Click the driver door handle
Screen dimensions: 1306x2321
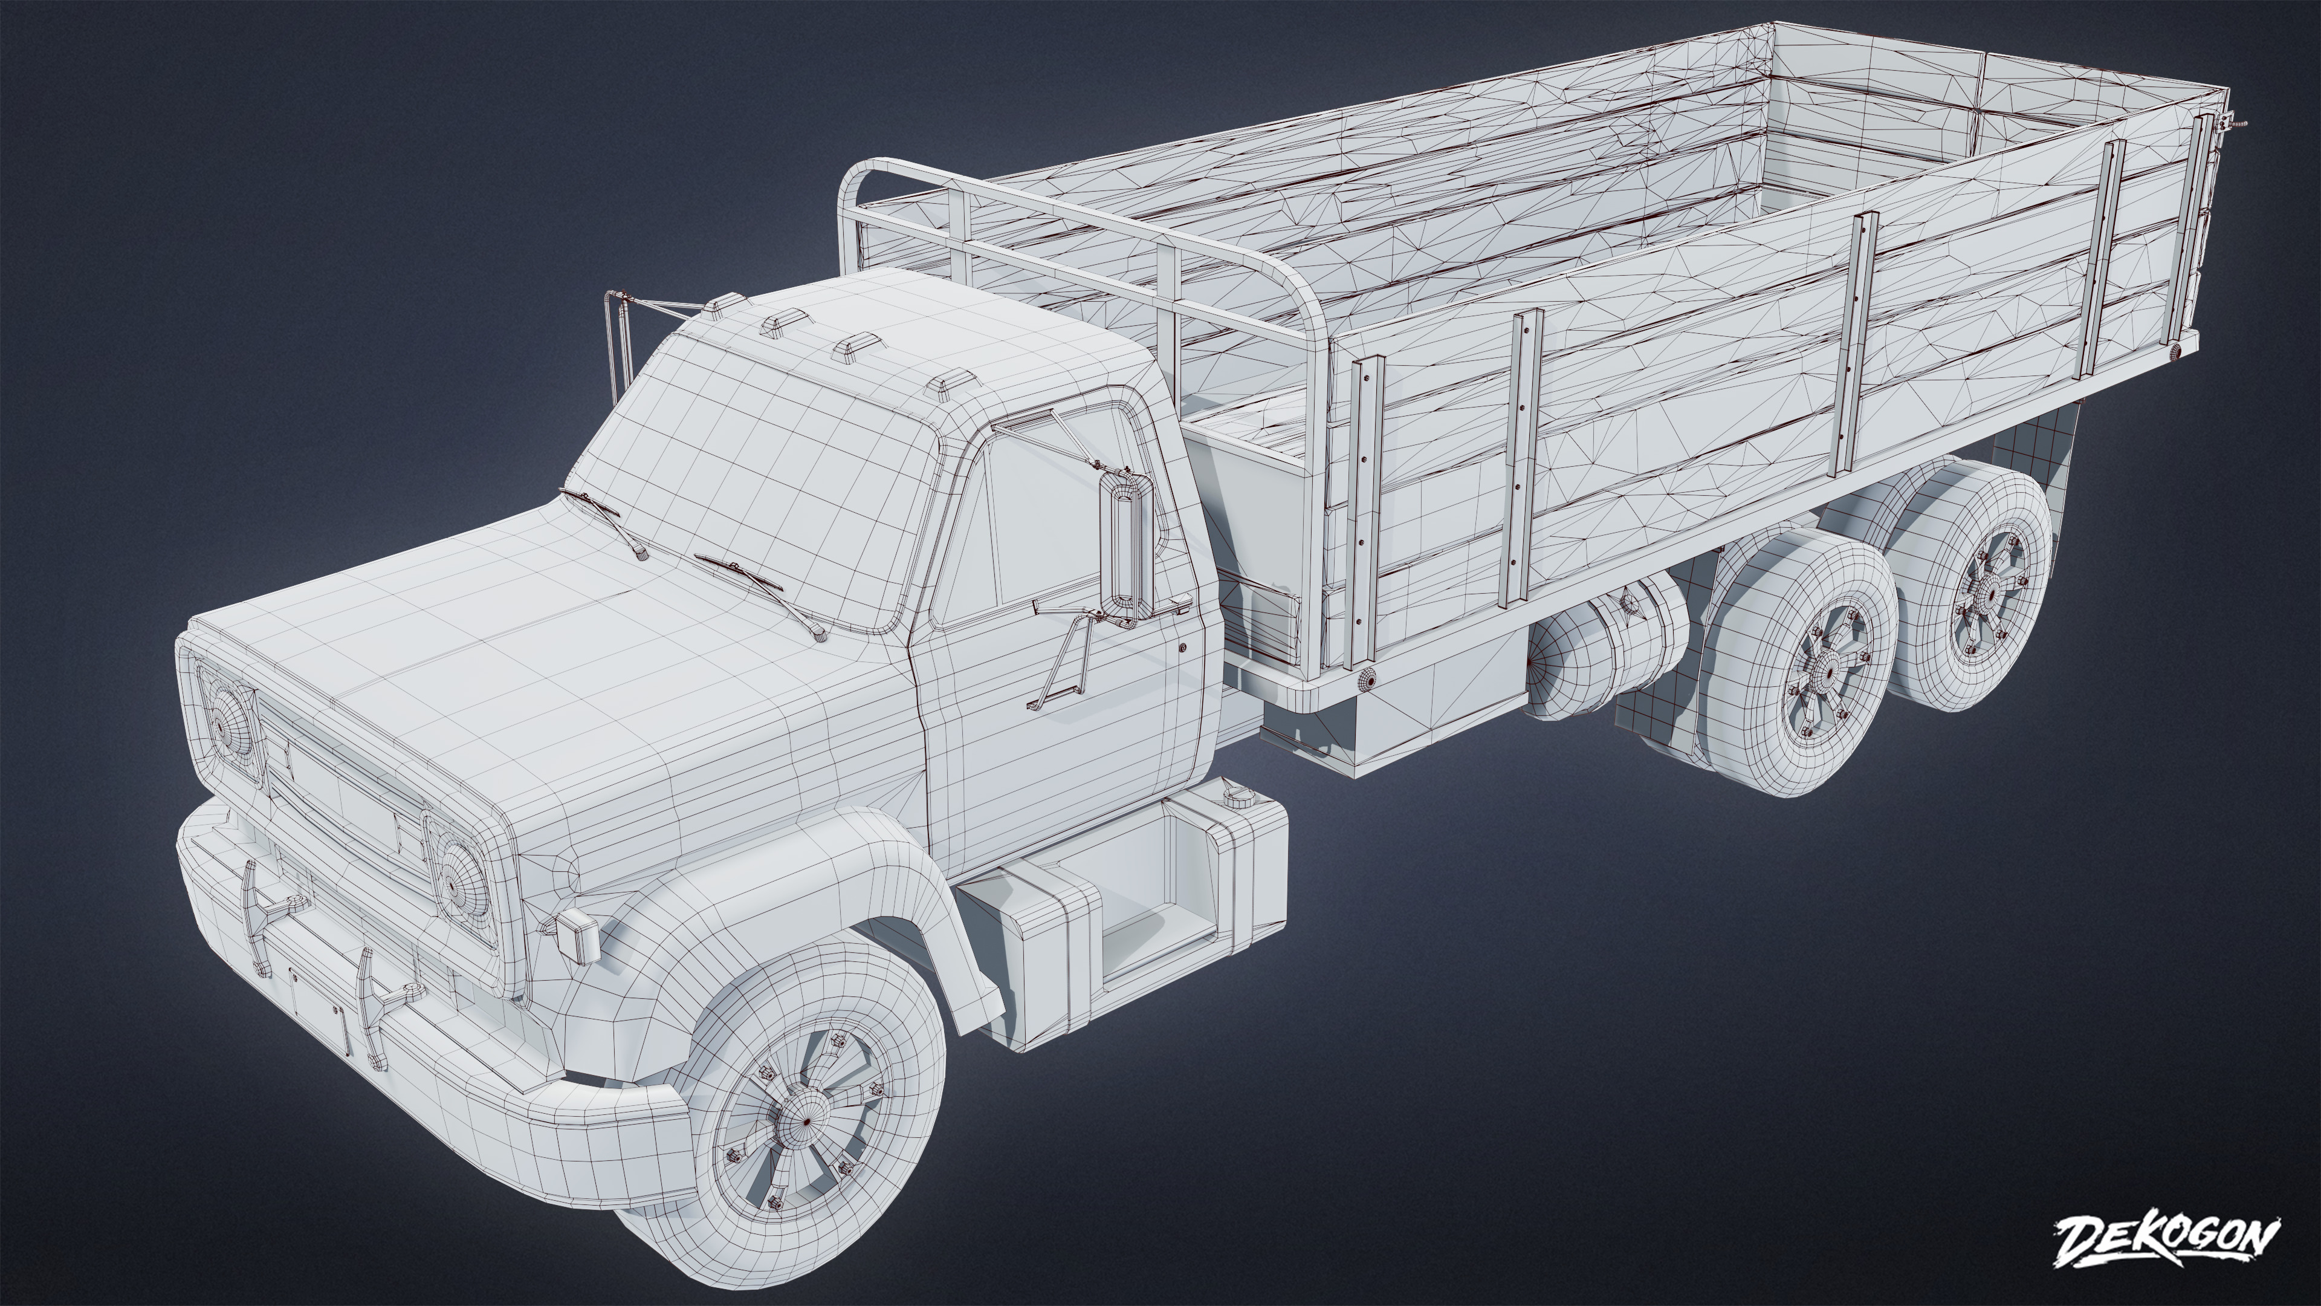tap(1182, 647)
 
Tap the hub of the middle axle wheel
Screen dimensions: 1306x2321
tap(1829, 672)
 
